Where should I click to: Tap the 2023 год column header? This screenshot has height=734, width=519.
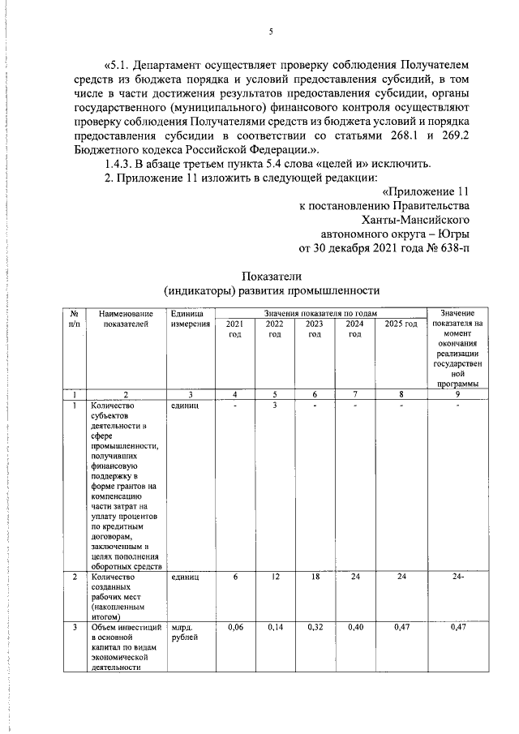[315, 328]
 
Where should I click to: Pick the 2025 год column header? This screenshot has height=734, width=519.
[401, 324]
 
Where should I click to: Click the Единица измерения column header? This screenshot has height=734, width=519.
[191, 318]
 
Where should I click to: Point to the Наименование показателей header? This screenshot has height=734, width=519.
[126, 318]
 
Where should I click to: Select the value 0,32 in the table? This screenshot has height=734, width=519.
[315, 627]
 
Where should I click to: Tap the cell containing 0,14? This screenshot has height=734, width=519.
[275, 627]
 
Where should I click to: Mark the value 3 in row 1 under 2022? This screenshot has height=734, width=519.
[275, 405]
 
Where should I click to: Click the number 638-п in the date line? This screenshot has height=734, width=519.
[450, 247]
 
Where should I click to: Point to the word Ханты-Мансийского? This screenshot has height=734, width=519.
[415, 219]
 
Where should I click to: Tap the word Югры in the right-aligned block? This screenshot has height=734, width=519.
[451, 233]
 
